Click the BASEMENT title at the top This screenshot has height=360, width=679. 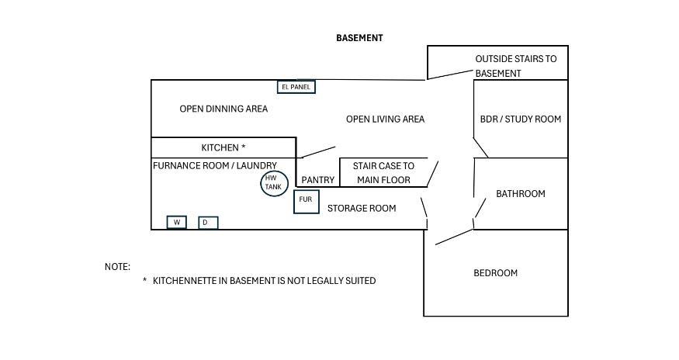coord(359,38)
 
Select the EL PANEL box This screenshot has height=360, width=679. coord(296,87)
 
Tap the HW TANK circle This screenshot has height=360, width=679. coord(274,171)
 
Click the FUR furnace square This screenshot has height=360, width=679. coord(294,202)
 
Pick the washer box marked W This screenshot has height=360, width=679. coord(177,222)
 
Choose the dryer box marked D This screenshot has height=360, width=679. coord(208,223)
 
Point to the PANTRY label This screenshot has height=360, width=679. coord(318,180)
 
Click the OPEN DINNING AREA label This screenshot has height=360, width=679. coord(223,109)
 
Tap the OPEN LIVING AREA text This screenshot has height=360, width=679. coord(385,119)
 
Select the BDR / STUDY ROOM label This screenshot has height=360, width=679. coord(521,119)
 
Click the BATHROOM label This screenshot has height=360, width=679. coord(521,194)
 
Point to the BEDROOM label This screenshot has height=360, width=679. coord(495,273)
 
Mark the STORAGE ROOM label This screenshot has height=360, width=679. coord(362,209)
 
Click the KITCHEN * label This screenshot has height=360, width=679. coord(223,147)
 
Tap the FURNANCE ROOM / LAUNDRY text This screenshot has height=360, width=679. coord(215,165)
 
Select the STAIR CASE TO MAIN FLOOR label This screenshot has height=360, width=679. coord(383,173)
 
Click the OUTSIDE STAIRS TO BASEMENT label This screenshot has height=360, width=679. coord(516,66)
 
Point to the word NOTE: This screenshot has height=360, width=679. coord(117,267)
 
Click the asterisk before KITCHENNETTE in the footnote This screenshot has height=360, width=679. coord(144,280)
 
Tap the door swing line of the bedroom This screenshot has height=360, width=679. coord(454,237)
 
